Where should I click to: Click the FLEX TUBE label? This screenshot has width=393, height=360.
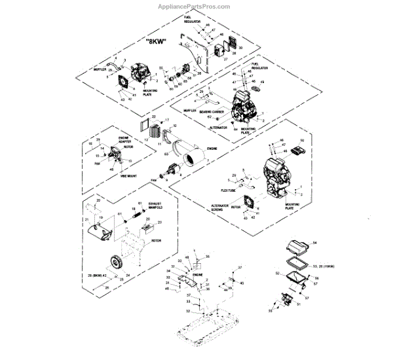[x=227, y=190]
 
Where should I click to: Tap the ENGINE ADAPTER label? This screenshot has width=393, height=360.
[x=125, y=139]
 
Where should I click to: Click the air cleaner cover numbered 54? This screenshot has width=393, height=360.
[x=297, y=248]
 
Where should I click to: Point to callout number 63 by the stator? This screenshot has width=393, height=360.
[x=167, y=152]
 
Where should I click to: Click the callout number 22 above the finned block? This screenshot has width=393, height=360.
[x=154, y=116]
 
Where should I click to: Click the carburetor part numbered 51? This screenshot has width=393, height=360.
[x=286, y=299]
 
